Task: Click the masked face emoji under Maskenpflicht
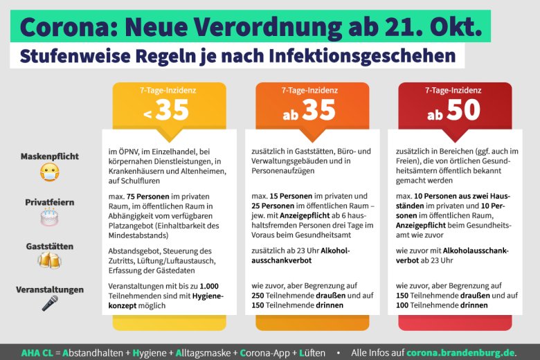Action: pos(49,172)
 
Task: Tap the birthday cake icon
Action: pos(49,218)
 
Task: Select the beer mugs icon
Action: pos(49,261)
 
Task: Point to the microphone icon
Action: pos(50,303)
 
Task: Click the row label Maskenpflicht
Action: pos(49,156)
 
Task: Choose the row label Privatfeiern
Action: pos(50,203)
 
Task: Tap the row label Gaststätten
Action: pos(50,246)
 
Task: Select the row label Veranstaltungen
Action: pos(50,289)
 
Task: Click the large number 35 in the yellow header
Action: pos(172,110)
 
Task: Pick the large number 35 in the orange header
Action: pos(318,110)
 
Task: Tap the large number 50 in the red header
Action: pos(463,110)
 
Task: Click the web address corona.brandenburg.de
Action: pos(461,352)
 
